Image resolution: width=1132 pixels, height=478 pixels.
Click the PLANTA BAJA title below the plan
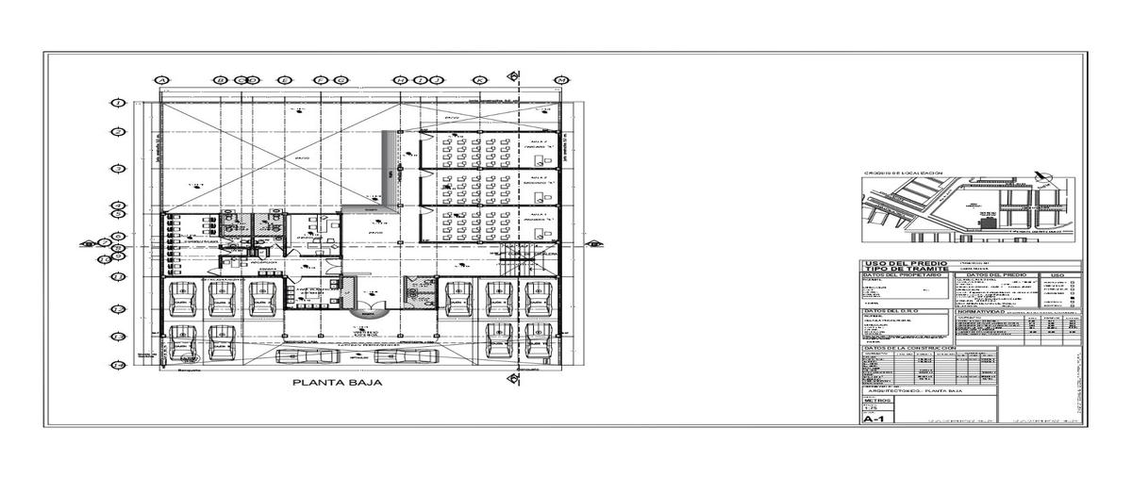point(337,384)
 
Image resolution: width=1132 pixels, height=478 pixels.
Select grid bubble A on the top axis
point(161,80)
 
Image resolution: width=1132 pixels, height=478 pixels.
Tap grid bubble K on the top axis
point(480,80)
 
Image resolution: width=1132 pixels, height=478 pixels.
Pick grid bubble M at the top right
point(562,80)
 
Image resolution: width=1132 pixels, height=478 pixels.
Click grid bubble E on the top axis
point(281,80)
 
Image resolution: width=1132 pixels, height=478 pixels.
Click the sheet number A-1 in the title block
point(874,420)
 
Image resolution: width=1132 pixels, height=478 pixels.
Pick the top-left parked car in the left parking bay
point(180,299)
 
